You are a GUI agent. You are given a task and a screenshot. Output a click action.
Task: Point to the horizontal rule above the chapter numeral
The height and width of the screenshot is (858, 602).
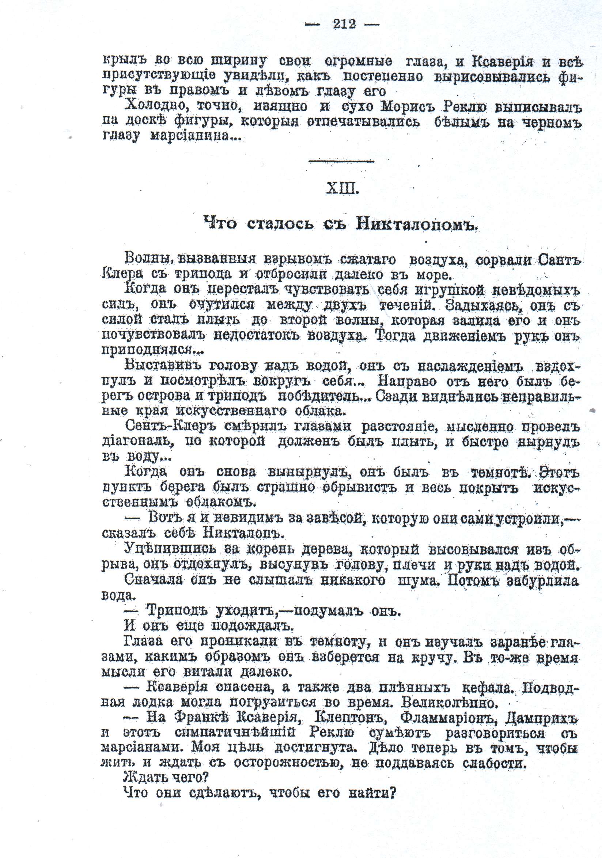[x=342, y=161]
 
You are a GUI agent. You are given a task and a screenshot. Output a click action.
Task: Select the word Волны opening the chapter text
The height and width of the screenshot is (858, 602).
[x=147, y=258]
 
